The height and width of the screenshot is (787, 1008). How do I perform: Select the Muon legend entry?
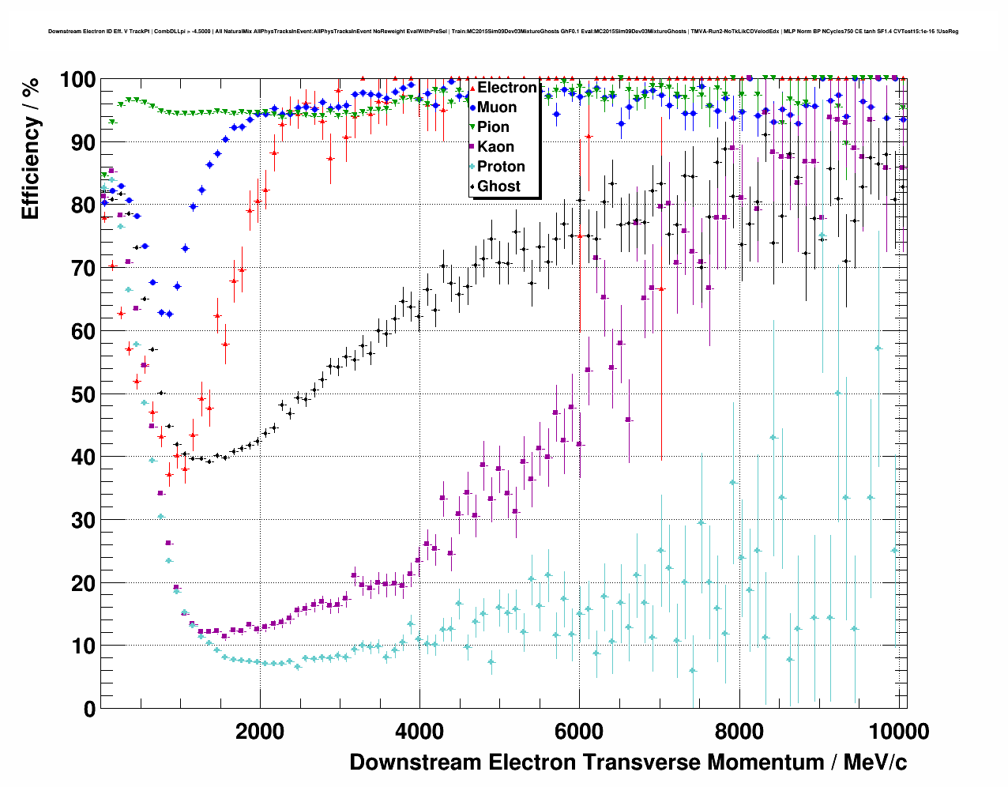[497, 107]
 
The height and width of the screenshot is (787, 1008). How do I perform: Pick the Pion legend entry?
[493, 127]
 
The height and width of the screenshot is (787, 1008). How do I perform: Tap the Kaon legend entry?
[495, 147]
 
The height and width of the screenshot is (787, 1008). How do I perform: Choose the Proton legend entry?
[501, 167]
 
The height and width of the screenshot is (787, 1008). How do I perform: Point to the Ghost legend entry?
[498, 186]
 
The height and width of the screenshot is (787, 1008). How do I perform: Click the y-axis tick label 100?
[77, 80]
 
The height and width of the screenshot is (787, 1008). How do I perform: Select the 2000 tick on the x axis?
[260, 732]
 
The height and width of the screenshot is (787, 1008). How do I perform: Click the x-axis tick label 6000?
[579, 732]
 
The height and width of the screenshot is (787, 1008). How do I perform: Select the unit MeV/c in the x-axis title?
[875, 763]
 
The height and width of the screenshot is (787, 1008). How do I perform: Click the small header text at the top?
[503, 32]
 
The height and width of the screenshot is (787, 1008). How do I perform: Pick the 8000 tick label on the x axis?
[739, 732]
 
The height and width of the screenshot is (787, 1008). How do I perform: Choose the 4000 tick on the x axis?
[419, 732]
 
